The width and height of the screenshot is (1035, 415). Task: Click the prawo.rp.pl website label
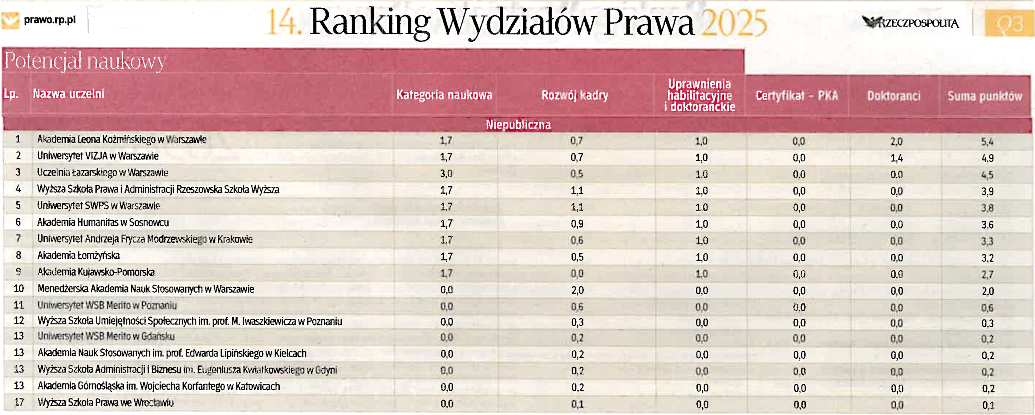tap(49, 20)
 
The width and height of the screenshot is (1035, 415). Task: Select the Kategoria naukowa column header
tap(444, 95)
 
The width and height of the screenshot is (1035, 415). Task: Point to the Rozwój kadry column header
tap(575, 95)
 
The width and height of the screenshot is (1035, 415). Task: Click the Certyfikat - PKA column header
tap(796, 96)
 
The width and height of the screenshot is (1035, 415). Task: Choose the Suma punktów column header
tap(985, 96)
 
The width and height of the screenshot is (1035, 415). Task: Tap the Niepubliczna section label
tap(518, 125)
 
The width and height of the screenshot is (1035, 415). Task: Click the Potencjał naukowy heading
tap(84, 61)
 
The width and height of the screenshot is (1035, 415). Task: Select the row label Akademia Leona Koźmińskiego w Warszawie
tap(122, 140)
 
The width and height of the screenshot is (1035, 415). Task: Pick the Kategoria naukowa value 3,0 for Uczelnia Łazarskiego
tap(446, 174)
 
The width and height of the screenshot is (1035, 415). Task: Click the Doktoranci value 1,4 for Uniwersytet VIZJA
tap(896, 158)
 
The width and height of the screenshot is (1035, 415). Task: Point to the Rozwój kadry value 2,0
tap(577, 290)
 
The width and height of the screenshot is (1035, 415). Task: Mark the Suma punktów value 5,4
tap(987, 142)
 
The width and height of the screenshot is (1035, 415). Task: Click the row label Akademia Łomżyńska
tap(78, 256)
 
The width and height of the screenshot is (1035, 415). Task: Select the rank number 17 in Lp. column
tap(19, 402)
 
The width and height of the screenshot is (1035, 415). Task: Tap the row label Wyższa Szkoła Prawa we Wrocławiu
tap(106, 403)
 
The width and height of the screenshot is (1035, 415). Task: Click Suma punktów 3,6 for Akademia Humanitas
tap(987, 224)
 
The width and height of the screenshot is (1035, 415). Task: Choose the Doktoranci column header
tap(894, 96)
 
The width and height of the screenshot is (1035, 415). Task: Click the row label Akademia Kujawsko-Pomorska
tap(96, 272)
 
